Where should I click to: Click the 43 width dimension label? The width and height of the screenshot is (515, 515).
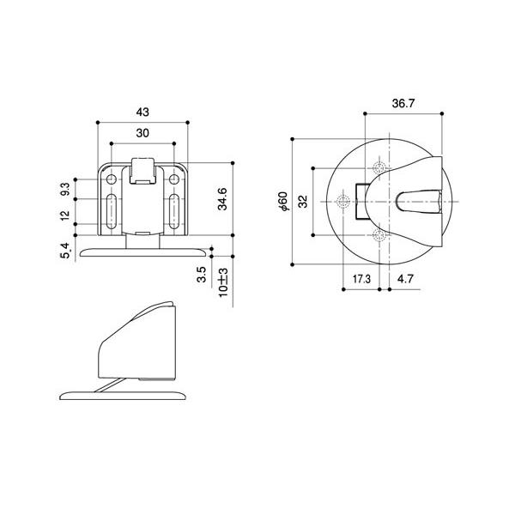click(x=142, y=112)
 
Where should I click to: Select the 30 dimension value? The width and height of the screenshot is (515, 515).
click(x=142, y=133)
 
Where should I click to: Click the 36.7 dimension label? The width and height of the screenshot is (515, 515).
click(x=403, y=103)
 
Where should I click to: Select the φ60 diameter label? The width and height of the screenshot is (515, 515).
click(x=282, y=202)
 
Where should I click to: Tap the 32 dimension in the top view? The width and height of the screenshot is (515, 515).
click(x=302, y=202)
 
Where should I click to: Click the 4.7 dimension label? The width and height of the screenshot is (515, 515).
click(x=406, y=279)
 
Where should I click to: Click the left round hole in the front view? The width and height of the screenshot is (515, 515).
click(x=112, y=179)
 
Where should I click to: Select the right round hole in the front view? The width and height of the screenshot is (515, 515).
click(x=174, y=179)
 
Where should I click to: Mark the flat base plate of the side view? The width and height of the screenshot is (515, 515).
click(x=124, y=394)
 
